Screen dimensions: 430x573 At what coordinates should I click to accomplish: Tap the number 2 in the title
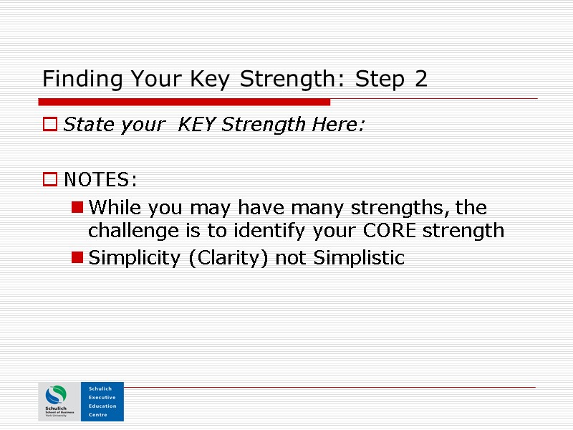(x=421, y=79)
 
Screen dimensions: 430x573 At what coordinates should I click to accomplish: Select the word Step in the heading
(x=377, y=80)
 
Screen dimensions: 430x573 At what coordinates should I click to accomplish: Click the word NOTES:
(x=100, y=178)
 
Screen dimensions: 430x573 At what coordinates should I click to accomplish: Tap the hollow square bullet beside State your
(x=50, y=125)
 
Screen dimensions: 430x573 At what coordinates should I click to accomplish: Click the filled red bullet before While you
(x=77, y=208)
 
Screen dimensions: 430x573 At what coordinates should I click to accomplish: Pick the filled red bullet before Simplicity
(x=77, y=258)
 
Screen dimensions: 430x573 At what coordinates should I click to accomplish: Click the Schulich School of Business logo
(x=56, y=401)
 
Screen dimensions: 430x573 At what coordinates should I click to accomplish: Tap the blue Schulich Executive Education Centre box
(x=102, y=401)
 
